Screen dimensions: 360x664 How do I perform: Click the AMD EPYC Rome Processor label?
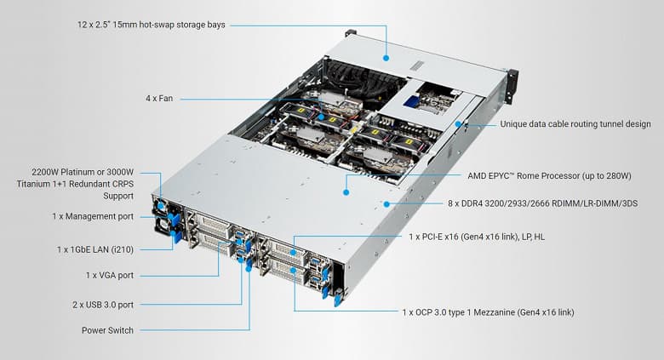[x=549, y=176]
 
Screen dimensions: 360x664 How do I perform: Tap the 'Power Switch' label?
[x=107, y=330]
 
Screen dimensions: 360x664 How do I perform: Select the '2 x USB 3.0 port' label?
[x=98, y=304]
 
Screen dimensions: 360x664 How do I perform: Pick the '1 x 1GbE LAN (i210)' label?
[x=94, y=249]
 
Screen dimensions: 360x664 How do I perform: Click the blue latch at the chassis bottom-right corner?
[x=338, y=297]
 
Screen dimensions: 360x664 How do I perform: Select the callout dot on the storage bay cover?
[x=386, y=58]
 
